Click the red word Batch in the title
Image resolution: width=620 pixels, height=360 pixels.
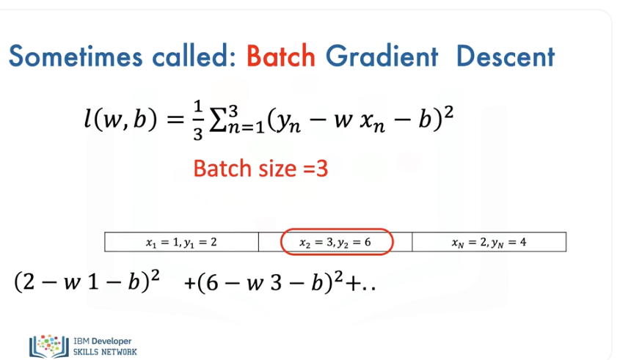(x=281, y=56)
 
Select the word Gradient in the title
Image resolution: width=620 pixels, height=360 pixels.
(x=382, y=56)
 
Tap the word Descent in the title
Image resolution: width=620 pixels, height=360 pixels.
(x=506, y=56)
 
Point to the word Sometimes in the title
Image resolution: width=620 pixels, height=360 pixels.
(x=75, y=56)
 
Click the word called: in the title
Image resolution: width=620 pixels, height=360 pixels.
(x=194, y=56)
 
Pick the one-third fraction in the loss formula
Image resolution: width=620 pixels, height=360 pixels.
(x=198, y=120)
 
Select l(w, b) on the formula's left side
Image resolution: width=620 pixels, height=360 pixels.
(x=120, y=119)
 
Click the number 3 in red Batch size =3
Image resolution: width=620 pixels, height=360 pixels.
(x=322, y=169)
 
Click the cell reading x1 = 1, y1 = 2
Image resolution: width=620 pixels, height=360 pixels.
(x=181, y=242)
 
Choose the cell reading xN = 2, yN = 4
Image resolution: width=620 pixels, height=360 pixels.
(x=489, y=242)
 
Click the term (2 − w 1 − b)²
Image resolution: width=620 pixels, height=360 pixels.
(x=87, y=282)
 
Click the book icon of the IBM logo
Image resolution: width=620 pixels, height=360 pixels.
(x=49, y=346)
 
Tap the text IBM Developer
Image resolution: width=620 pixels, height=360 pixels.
(x=103, y=341)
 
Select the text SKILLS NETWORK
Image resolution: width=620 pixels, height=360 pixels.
(x=105, y=352)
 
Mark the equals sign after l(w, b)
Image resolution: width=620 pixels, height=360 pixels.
(x=175, y=120)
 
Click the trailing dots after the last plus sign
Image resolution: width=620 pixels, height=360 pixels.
(x=369, y=288)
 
